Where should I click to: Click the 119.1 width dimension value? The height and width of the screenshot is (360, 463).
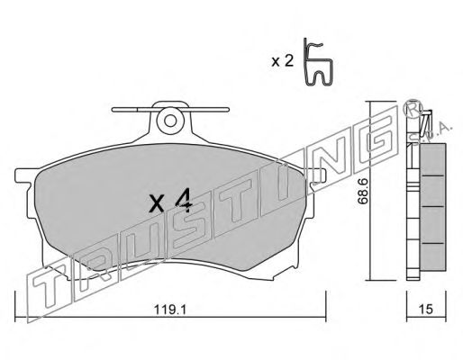tap(170, 310)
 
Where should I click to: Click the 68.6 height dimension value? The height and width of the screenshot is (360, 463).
tap(363, 191)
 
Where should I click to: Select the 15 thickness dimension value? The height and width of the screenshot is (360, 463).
tap(426, 310)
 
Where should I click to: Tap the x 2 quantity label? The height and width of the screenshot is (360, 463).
tap(282, 61)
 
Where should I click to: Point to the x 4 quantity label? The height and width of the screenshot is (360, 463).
tap(170, 202)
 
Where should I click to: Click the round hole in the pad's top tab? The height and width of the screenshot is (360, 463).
tap(170, 121)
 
